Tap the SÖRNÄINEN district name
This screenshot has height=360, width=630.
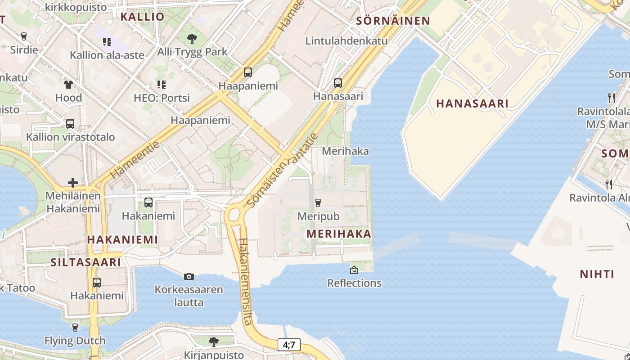(393, 21)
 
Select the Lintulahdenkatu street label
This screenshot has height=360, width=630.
(346, 40)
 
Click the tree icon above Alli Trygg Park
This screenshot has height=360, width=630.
(192, 38)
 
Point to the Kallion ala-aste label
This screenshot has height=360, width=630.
(107, 55)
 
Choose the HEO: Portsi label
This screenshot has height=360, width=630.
(162, 98)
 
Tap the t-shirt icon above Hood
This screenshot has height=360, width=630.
(68, 84)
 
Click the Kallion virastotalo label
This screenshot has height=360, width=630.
(71, 137)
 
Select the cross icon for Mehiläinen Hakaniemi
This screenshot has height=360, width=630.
(73, 183)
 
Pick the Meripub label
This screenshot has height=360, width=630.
(319, 216)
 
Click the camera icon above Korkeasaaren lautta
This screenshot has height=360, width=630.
(189, 276)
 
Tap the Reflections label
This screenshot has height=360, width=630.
(355, 283)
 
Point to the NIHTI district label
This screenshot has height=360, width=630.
(597, 274)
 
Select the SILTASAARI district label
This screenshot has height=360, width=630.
(85, 262)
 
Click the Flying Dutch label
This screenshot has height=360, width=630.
(75, 341)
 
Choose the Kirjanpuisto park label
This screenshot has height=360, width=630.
(214, 355)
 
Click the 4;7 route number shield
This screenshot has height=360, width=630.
(289, 345)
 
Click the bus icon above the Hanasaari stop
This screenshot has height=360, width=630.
(338, 83)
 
